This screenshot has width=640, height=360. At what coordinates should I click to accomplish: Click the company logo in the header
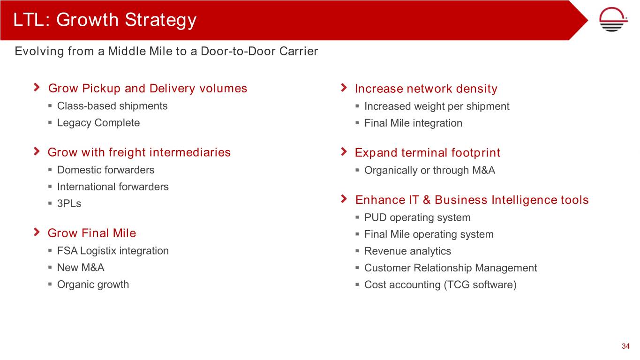[x=613, y=19]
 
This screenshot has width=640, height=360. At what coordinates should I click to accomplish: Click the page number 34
[x=625, y=346]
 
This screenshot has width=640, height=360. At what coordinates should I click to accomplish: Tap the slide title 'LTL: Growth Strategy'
[x=105, y=20]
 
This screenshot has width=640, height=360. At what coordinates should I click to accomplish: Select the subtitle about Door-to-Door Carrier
[x=166, y=51]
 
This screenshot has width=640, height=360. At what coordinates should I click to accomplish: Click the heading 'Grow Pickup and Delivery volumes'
[x=147, y=88]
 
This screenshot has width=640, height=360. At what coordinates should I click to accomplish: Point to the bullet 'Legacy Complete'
[x=98, y=123]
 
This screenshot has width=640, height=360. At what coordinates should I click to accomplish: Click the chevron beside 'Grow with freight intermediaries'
[x=37, y=151]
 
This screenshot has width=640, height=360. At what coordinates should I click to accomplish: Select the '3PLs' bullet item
[x=69, y=203]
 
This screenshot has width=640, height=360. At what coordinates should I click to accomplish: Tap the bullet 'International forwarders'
[x=113, y=187]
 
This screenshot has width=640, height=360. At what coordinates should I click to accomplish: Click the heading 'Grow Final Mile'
[x=92, y=233]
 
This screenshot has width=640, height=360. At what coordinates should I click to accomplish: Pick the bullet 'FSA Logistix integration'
[x=113, y=251]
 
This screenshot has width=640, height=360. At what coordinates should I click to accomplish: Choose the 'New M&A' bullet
[x=81, y=268]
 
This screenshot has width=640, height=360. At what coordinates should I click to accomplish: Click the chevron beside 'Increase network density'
[x=344, y=88]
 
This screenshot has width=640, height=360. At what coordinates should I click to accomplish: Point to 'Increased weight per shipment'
[x=437, y=106]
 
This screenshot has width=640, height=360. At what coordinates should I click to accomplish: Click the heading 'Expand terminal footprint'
[x=428, y=152]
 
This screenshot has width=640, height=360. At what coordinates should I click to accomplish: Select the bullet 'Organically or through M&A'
[x=429, y=170]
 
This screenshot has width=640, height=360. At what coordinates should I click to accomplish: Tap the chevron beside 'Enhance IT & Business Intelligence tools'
[x=344, y=199]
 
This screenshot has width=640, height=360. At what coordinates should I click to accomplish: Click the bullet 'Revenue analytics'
[x=407, y=251]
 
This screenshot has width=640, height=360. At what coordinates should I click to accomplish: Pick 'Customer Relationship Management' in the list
[x=451, y=268]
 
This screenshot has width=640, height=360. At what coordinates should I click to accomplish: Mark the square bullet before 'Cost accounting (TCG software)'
[x=357, y=285]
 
